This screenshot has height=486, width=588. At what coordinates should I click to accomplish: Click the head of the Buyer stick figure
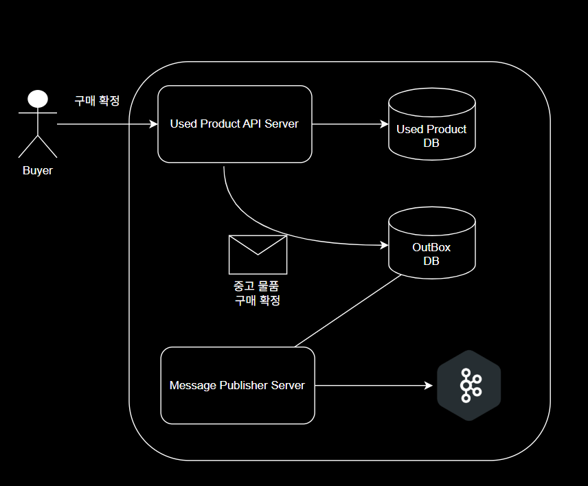point(38,99)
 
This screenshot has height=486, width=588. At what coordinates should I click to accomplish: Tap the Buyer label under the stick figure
point(38,171)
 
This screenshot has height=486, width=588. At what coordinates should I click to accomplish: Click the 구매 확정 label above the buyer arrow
point(97,101)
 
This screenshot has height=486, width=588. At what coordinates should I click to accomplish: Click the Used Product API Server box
point(235,124)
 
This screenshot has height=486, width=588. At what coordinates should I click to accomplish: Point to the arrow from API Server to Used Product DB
point(350,124)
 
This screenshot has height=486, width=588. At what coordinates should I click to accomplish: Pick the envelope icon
point(258,255)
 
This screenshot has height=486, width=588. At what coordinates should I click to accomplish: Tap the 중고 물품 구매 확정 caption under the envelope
point(258,293)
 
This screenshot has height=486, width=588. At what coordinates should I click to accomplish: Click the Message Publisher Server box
point(237,385)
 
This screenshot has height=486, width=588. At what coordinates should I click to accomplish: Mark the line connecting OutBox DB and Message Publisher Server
point(348,310)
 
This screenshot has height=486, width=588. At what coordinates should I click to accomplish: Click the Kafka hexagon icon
point(469,385)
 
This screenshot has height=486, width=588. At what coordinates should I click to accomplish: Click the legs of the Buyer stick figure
point(38,146)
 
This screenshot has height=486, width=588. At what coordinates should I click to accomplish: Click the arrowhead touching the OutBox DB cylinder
point(385,244)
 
